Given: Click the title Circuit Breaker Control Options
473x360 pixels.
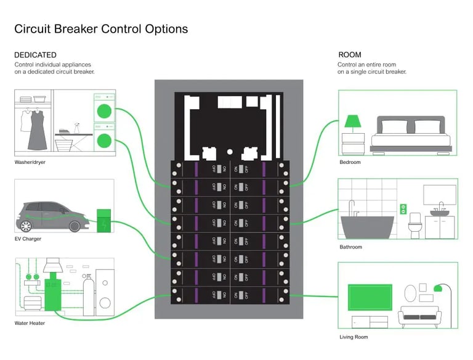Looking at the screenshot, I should click(101, 29).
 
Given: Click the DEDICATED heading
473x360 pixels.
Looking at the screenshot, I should click(35, 55).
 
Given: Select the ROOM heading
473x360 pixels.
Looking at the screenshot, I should click(349, 55).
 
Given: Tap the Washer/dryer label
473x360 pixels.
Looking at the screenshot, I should click(30, 163).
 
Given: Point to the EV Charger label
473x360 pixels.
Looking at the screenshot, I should click(28, 239).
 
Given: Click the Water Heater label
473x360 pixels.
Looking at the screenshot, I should click(30, 323).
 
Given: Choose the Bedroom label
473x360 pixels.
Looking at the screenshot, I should click(350, 162).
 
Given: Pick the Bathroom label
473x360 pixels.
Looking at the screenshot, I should click(351, 247).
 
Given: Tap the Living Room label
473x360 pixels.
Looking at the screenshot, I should click(354, 337).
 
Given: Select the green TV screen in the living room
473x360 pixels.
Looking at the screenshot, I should click(370, 297).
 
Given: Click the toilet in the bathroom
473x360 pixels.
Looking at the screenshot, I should click(415, 224).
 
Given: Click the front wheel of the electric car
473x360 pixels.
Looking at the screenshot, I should click(75, 226).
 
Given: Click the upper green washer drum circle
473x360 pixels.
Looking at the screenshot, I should click(103, 112).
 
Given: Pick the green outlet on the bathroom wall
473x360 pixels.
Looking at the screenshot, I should click(404, 208).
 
